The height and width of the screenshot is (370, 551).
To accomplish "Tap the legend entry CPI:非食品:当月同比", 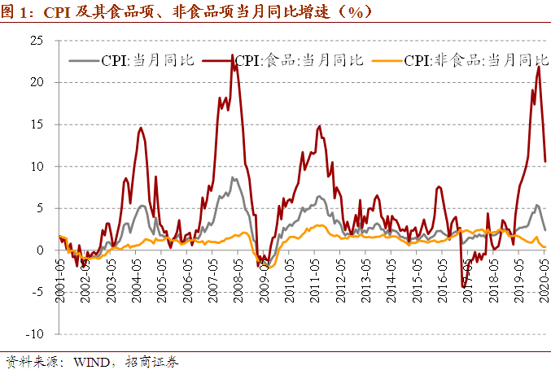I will click(x=464, y=60).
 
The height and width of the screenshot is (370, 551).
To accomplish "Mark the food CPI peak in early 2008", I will click(x=233, y=55).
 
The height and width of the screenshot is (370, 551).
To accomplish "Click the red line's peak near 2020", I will click(x=539, y=67).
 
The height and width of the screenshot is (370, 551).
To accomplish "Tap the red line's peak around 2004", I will click(x=141, y=128).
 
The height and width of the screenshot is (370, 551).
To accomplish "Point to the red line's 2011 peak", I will click(x=319, y=125).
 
